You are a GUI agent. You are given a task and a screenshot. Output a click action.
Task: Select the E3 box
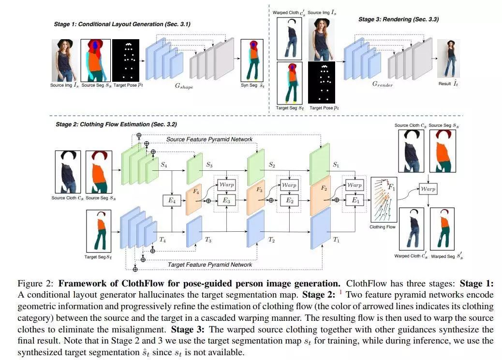point(227,200)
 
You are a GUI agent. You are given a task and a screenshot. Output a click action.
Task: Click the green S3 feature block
point(193,167)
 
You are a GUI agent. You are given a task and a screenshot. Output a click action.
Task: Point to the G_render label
point(383,84)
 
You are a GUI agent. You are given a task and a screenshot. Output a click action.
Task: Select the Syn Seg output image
point(253,60)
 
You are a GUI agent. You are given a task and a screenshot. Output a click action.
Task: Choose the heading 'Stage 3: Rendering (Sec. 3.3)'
point(398,20)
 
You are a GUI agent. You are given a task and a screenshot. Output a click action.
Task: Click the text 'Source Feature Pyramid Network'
point(209,139)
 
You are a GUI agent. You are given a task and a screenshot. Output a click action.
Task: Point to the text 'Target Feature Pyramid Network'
point(209,265)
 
